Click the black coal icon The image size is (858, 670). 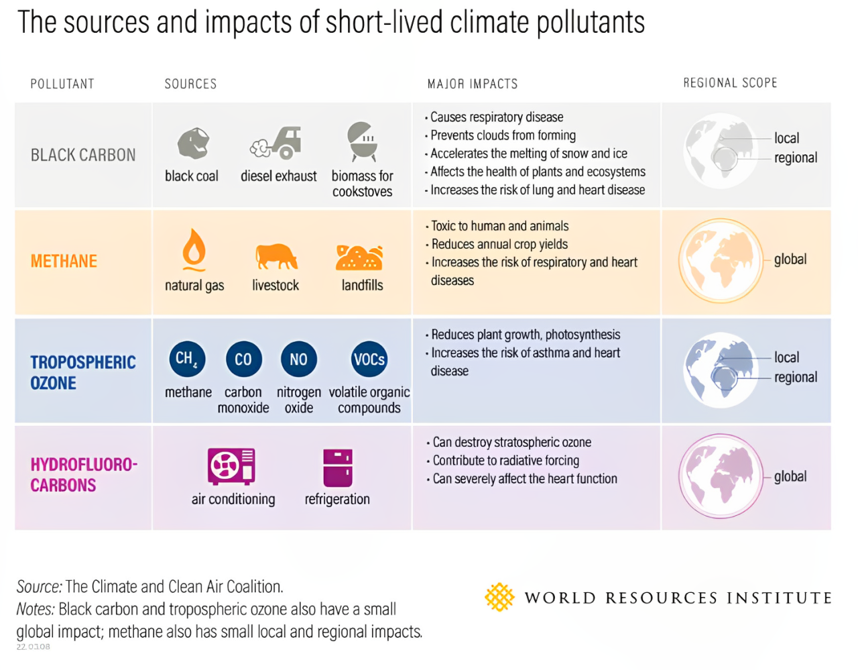(x=193, y=143)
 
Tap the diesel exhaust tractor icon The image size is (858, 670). (x=277, y=143)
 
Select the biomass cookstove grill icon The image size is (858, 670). (x=363, y=142)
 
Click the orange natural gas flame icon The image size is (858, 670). (x=194, y=249)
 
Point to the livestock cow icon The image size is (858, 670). (x=275, y=256)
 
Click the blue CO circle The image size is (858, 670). (x=243, y=359)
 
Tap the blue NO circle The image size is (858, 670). (x=298, y=359)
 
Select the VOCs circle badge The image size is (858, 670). (x=369, y=359)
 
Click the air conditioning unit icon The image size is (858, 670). (x=231, y=466)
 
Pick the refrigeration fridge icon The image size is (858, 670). (x=338, y=467)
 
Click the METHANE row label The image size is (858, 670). (x=64, y=262)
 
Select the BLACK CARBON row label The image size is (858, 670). (x=83, y=156)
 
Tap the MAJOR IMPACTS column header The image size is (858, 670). (x=473, y=84)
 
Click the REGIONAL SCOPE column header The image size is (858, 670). (x=730, y=83)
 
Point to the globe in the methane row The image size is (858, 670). (x=721, y=260)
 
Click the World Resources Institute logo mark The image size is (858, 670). (x=499, y=597)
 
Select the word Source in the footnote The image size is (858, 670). (x=38, y=587)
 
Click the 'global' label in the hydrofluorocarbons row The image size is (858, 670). (x=790, y=477)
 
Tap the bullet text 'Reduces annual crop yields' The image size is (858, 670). (x=499, y=244)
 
